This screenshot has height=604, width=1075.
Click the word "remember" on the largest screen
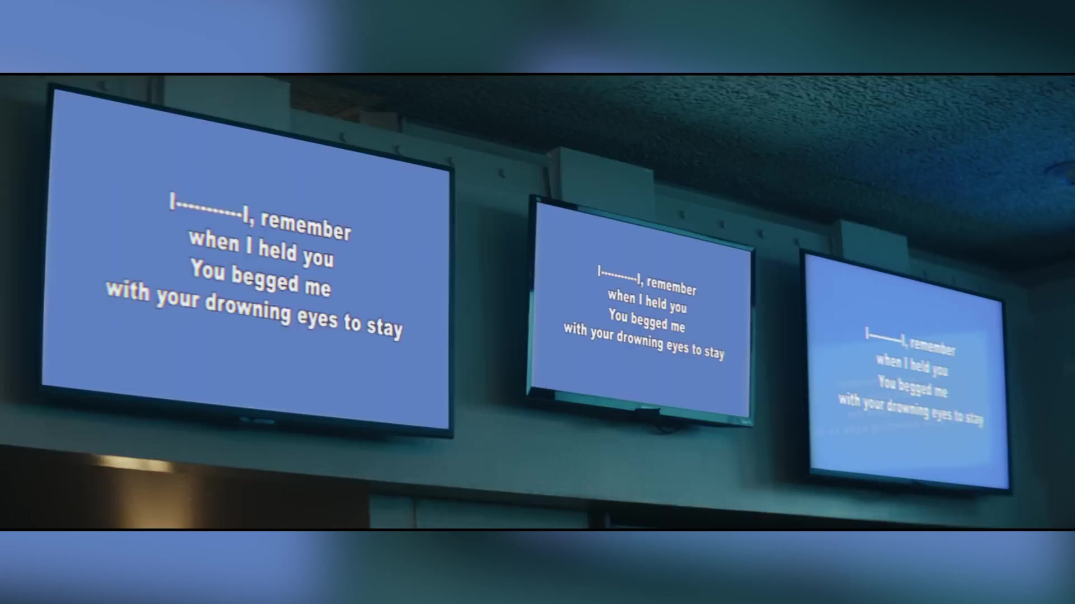point(306,225)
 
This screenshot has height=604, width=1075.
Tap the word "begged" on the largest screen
point(265,279)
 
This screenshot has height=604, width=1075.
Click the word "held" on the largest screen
point(277,249)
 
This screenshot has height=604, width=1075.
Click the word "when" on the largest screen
point(214,240)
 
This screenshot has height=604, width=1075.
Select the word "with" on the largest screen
point(128,290)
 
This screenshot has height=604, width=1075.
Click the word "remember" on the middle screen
point(671,286)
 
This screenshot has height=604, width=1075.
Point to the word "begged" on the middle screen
point(649,321)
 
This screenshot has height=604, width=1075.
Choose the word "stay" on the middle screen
point(714,352)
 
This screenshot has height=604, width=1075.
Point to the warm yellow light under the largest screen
point(134,463)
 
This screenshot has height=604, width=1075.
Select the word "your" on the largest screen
point(177,298)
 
